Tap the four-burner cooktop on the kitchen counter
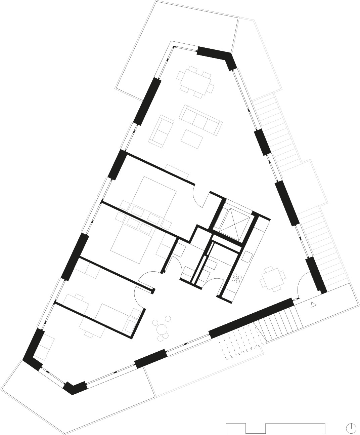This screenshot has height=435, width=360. pos(238,277)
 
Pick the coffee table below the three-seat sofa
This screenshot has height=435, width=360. pos(192,138)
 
